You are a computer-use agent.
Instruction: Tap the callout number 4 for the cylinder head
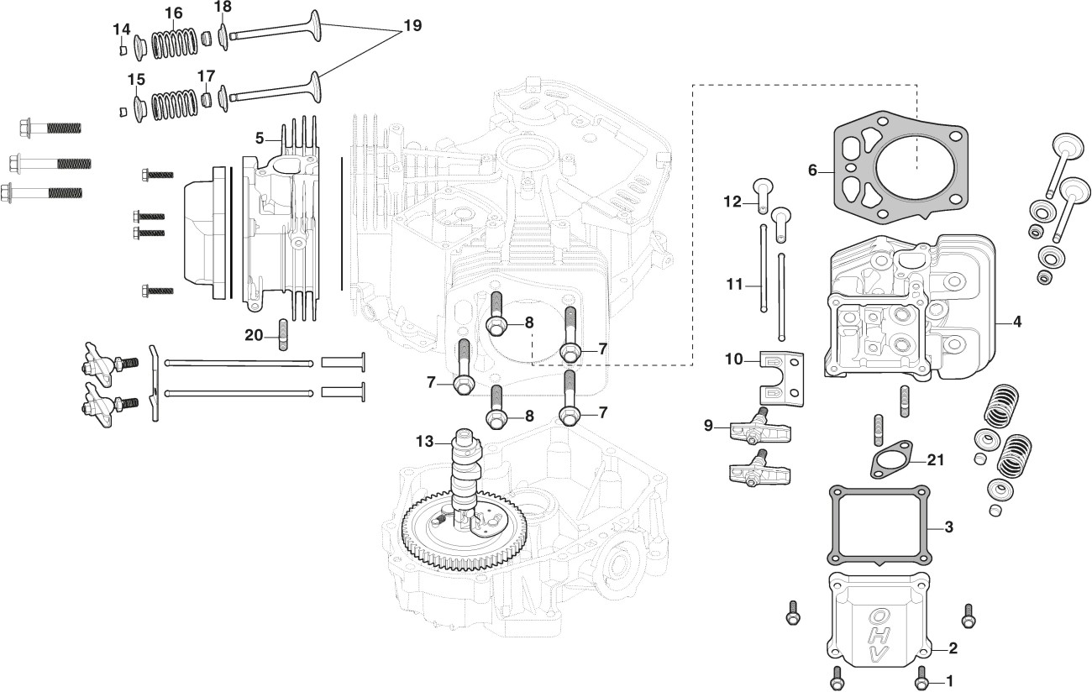1016,322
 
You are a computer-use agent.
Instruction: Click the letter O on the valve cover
876,615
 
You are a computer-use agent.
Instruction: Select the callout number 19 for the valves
412,26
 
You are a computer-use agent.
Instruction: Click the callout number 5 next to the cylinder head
260,137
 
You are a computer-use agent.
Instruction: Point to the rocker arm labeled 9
752,427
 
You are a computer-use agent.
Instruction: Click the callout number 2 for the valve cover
952,648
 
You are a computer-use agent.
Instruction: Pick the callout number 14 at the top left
122,29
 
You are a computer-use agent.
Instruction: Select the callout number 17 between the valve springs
207,76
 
